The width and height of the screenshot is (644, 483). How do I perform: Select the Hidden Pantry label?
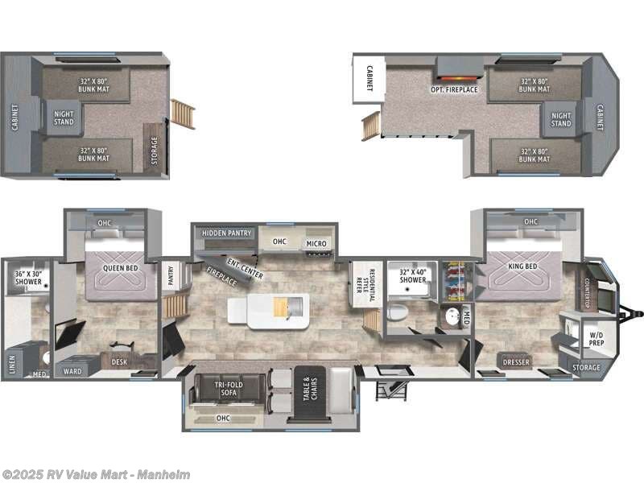tap(222, 233)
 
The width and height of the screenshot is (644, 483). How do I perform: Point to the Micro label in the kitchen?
tap(316, 243)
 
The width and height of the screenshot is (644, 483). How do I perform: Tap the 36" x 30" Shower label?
tap(27, 279)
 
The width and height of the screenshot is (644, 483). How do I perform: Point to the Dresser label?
tap(515, 361)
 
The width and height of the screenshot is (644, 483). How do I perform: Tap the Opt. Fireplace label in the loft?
tap(454, 89)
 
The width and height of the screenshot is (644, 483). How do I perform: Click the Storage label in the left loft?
tap(155, 150)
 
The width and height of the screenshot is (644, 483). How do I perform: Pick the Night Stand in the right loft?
tap(561, 119)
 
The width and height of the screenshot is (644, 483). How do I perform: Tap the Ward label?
tap(72, 372)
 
